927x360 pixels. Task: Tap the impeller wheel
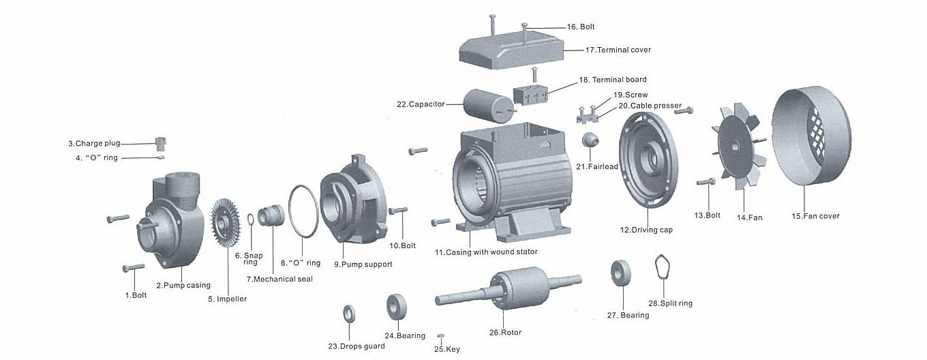point(224,224)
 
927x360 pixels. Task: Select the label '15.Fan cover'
point(815,216)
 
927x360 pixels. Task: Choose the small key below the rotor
point(440,336)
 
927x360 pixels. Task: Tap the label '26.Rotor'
point(505,333)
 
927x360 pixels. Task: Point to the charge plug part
point(161,143)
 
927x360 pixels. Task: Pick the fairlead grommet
point(590,140)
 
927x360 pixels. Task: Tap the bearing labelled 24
point(397,307)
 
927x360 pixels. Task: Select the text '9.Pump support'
point(363,264)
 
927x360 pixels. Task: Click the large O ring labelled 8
point(301,211)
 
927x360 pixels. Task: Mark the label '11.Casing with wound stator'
point(486,252)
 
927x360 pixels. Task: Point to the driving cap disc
point(648,164)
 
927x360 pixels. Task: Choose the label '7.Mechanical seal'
point(279,279)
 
